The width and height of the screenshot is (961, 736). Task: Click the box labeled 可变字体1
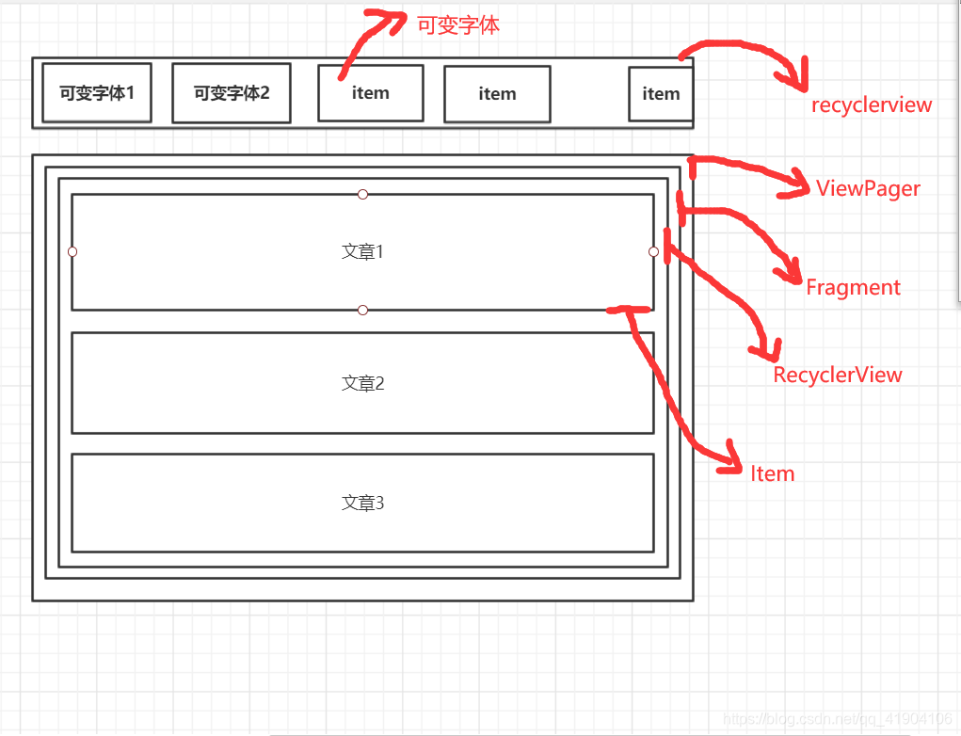point(97,93)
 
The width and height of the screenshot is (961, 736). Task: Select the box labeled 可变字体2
point(232,93)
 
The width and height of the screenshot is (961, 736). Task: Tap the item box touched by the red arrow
point(370,93)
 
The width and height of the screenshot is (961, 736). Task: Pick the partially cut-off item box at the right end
point(661,94)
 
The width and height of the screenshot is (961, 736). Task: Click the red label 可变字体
point(458,24)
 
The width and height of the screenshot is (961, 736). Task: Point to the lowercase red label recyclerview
point(872,104)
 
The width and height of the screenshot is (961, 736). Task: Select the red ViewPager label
point(868,188)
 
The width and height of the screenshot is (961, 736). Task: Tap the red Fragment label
point(853,287)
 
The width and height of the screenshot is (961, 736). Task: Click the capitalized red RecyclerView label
point(838,375)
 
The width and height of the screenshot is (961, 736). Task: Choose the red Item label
point(772,473)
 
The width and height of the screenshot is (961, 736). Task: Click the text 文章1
point(362,251)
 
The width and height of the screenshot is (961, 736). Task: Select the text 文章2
point(362,383)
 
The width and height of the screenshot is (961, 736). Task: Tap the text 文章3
point(362,503)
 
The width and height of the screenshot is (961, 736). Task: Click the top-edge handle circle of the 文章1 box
point(362,194)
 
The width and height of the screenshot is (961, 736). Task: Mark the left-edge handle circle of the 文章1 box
point(72,251)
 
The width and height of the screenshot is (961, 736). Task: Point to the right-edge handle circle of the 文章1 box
point(653,251)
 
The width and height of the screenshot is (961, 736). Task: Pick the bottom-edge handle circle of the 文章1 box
point(362,310)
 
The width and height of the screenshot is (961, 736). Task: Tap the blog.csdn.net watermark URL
point(835,719)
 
